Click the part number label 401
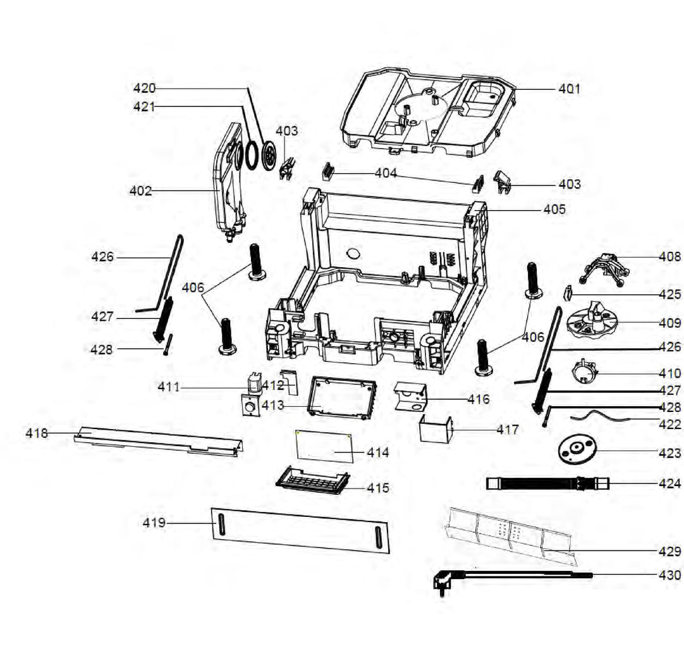(x=569, y=89)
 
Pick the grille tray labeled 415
(x=312, y=480)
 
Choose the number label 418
(x=37, y=433)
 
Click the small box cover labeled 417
(x=436, y=430)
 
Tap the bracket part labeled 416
(x=411, y=397)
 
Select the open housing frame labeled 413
(x=341, y=397)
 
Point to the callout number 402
(x=140, y=190)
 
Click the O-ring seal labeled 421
(x=251, y=155)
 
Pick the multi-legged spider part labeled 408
(x=605, y=265)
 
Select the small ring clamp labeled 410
(x=586, y=370)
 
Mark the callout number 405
(x=554, y=209)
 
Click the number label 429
(x=669, y=552)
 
